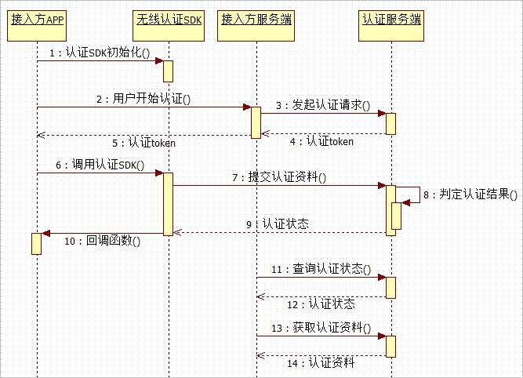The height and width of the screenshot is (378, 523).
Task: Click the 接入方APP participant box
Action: [x=37, y=26]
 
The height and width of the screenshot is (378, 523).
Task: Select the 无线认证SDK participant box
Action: [x=169, y=26]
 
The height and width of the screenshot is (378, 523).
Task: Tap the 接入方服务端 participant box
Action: [x=256, y=26]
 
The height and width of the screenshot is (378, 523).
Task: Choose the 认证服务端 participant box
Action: [x=391, y=26]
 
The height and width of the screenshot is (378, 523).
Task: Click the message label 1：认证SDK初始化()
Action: [x=100, y=53]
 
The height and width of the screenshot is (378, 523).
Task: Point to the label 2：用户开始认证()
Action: [x=143, y=99]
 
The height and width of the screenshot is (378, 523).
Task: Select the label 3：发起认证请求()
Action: [x=323, y=105]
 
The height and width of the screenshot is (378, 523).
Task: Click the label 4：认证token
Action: [x=321, y=141]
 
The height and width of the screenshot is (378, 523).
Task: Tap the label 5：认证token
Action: [x=143, y=144]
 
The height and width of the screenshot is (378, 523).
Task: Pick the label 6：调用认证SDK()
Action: [x=100, y=165]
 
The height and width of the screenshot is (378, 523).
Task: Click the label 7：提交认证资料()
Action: [x=279, y=177]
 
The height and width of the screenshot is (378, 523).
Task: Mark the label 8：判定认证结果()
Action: [x=470, y=194]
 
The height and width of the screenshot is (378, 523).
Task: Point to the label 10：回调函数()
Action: [x=103, y=241]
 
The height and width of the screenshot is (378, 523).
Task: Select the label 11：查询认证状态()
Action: [x=321, y=269]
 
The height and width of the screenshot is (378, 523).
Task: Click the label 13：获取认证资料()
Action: [x=321, y=328]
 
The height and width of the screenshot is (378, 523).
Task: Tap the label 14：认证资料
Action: [x=321, y=362]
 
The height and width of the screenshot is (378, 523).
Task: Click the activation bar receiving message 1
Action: [x=168, y=71]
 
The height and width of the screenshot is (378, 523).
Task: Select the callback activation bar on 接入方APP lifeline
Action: [x=36, y=244]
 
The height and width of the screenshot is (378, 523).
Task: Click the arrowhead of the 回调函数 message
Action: [x=45, y=233]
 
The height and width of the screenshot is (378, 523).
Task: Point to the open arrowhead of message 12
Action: [x=261, y=296]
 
